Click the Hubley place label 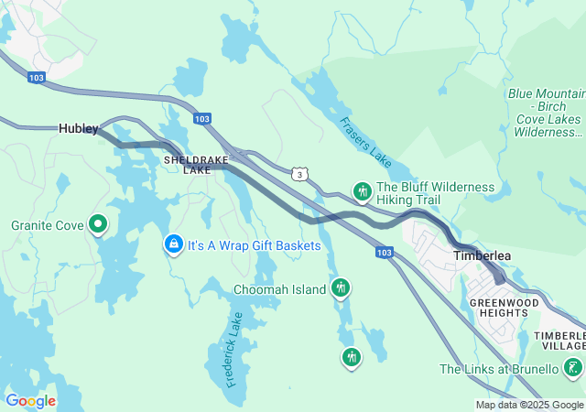point(78,129)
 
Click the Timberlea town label point(482,256)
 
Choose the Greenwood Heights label point(498,307)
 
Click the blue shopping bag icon point(173,244)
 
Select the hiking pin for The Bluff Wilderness point(363,192)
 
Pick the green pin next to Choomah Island point(341,288)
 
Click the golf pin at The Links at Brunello point(573,369)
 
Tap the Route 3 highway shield point(299,174)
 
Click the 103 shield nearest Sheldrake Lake point(202,119)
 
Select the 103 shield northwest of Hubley point(36,78)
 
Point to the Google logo point(30,401)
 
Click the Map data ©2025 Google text point(529,406)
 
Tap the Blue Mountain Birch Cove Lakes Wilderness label point(547,113)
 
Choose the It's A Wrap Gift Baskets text point(255,245)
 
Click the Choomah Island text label point(279,289)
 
